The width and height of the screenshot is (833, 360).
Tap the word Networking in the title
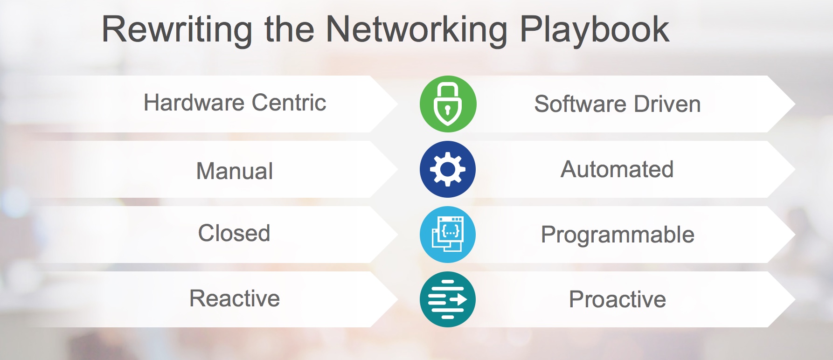[x=416, y=30]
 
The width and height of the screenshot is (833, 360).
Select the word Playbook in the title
[x=595, y=30]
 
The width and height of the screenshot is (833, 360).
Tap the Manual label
[x=235, y=171]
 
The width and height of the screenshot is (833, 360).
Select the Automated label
[x=617, y=169]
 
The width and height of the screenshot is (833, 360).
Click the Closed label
[x=234, y=233]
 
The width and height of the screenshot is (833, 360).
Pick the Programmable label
[x=618, y=235]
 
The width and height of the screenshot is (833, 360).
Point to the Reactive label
[x=235, y=298]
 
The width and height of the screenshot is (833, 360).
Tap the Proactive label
[x=618, y=299]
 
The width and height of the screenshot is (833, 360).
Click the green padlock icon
[x=448, y=104]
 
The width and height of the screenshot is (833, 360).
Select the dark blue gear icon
[x=448, y=169]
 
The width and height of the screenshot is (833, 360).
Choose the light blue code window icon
[x=448, y=235]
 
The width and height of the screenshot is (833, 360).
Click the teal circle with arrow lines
[x=448, y=299]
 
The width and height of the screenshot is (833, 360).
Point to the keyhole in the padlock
[x=448, y=111]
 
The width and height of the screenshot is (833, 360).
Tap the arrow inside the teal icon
[x=459, y=299]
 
